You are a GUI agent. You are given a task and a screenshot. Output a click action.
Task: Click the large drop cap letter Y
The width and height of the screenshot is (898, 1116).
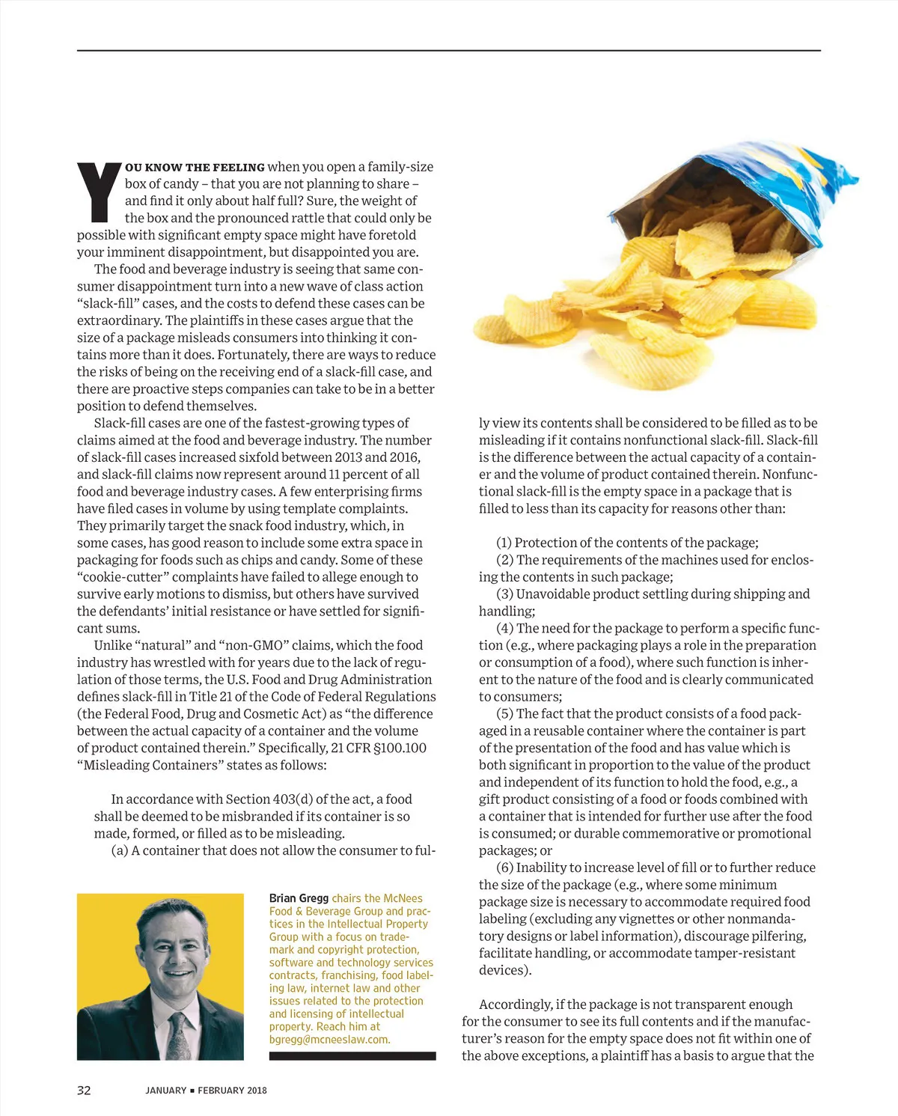pos(100,193)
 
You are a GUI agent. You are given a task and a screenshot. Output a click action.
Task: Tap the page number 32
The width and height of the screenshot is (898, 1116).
pos(84,1090)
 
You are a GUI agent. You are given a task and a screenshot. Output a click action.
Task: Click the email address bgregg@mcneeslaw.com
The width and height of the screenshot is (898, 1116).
pos(329,1040)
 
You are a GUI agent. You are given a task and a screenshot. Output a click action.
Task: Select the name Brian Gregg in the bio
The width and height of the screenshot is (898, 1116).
pos(299,898)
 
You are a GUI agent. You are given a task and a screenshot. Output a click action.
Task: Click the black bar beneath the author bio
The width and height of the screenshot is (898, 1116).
pos(352,1056)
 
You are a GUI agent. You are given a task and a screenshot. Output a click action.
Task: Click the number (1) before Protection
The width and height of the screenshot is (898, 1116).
pos(504,543)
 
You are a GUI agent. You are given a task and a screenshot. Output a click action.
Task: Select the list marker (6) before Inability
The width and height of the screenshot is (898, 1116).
pos(504,868)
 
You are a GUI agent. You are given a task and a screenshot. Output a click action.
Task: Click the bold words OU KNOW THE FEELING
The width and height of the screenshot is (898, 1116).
pos(195,168)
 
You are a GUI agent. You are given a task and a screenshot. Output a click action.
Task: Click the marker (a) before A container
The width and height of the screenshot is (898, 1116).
pos(119,850)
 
